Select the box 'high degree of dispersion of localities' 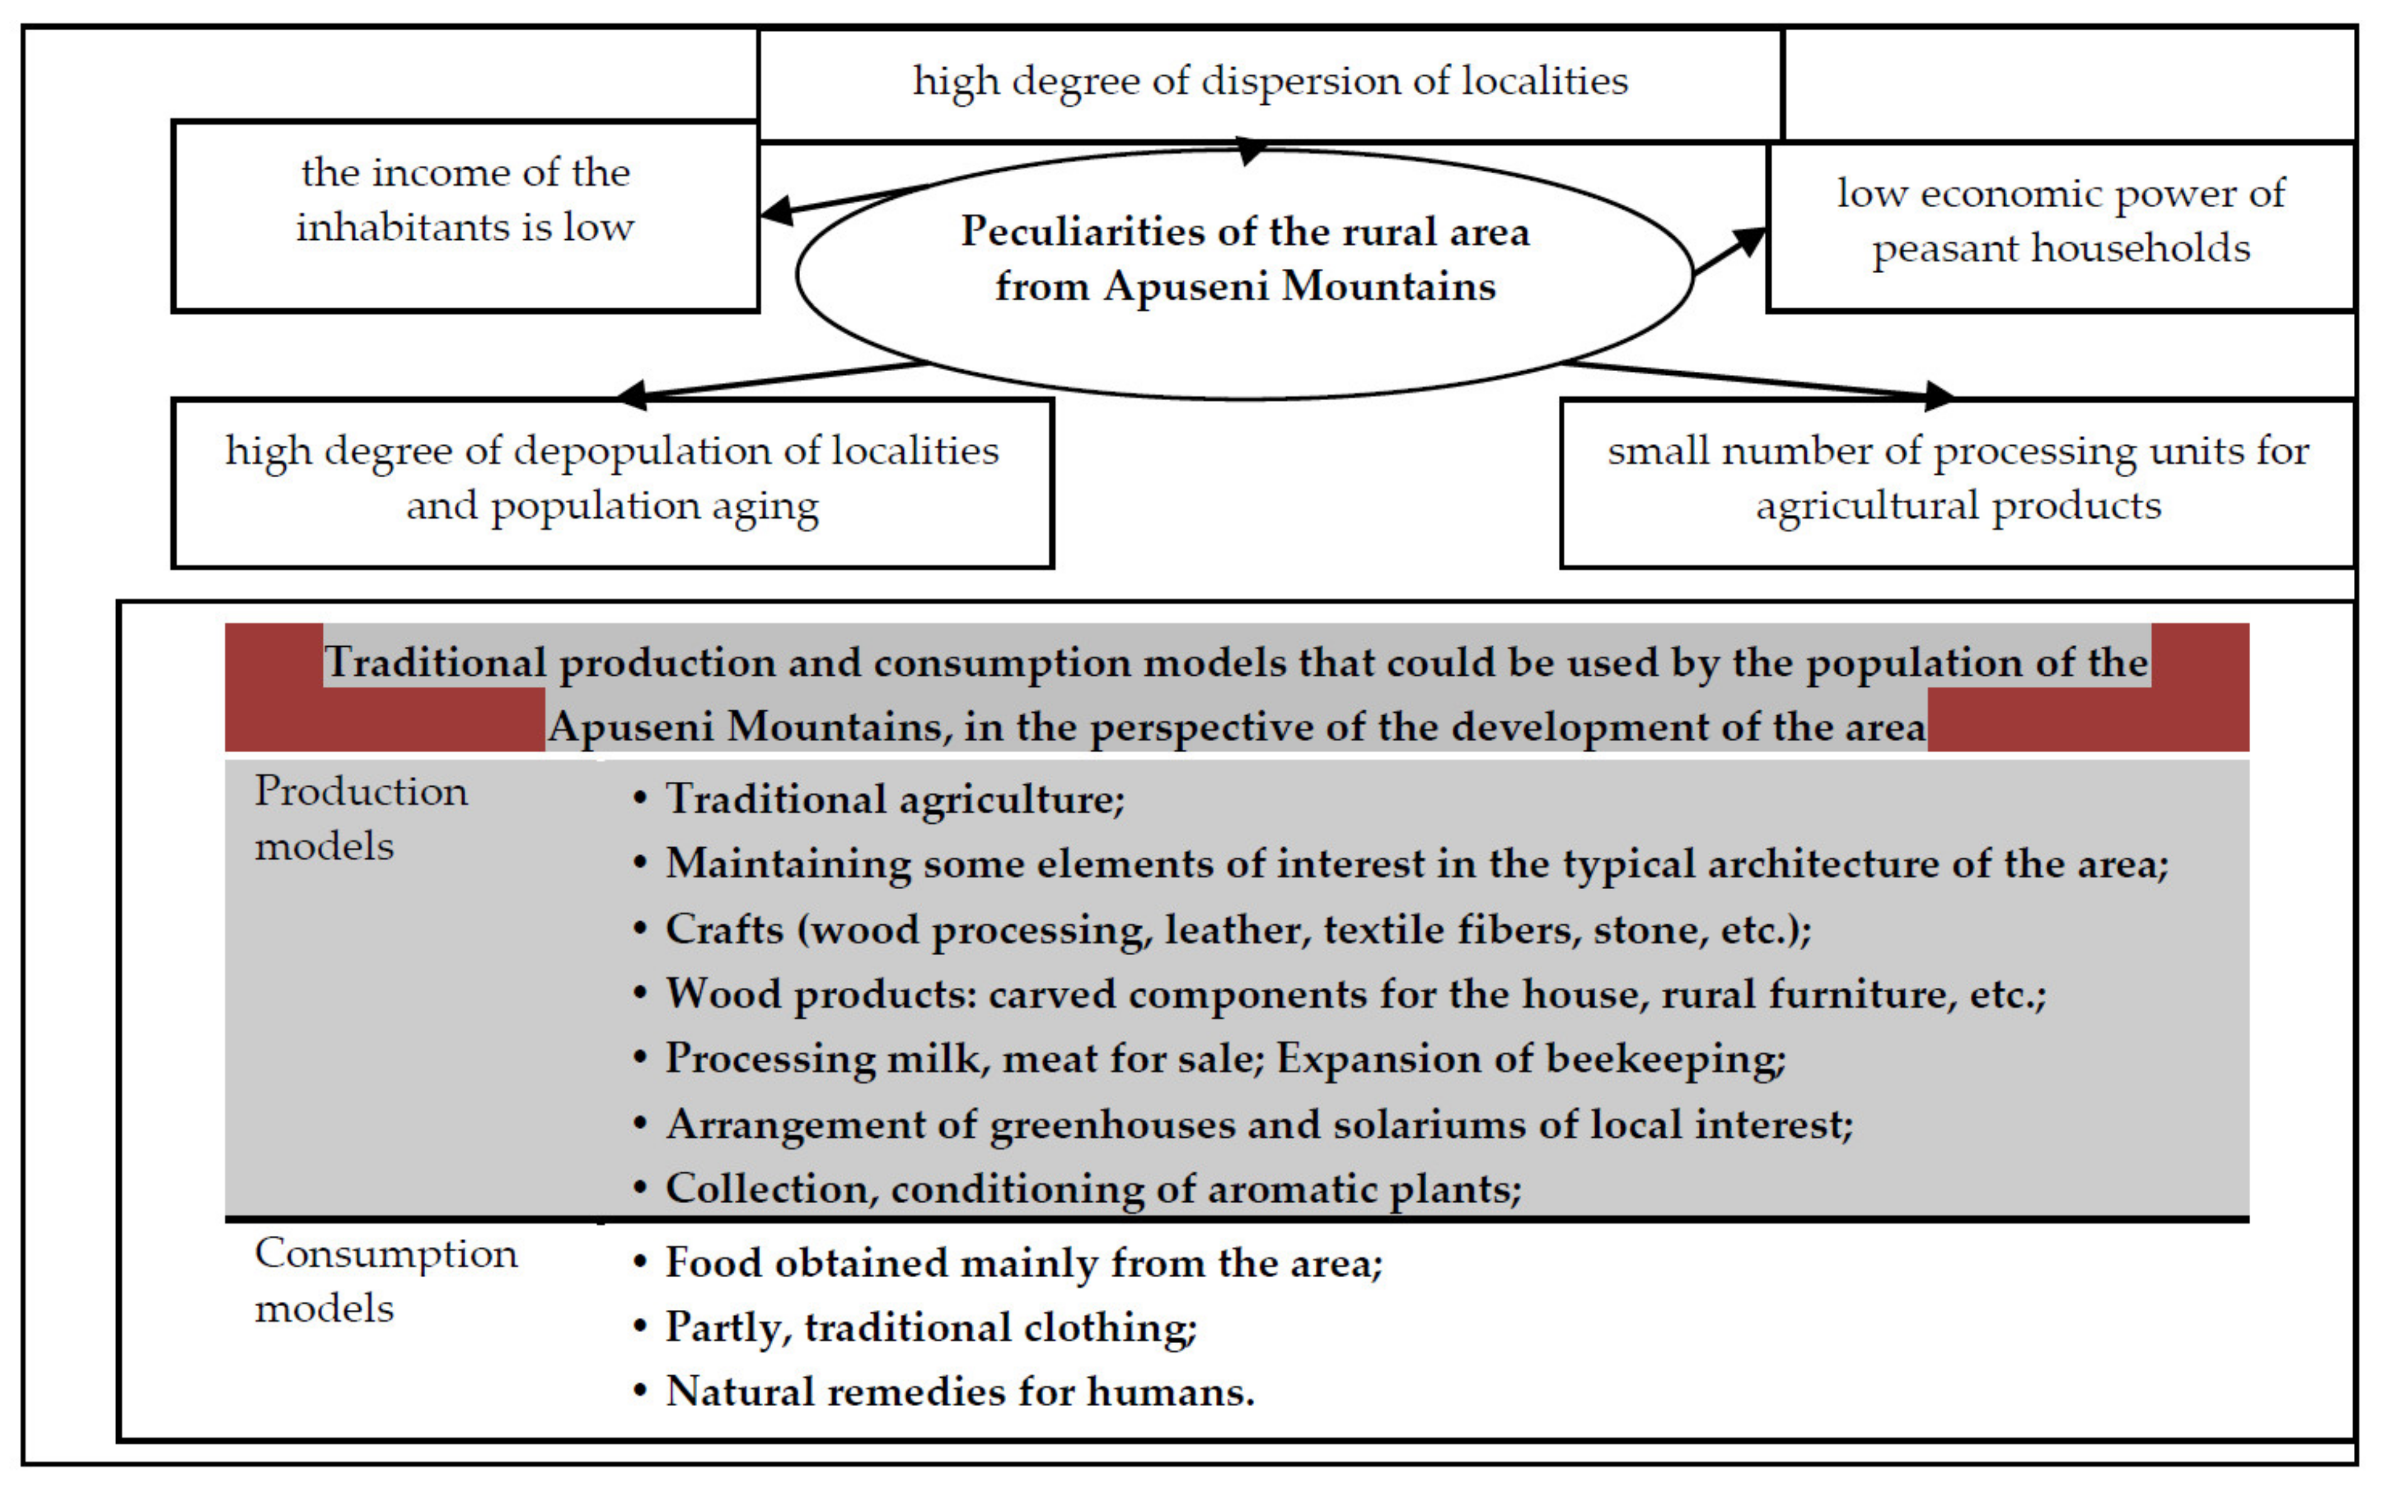pos(1270,81)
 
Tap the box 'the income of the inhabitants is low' pos(465,200)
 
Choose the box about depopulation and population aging pos(612,478)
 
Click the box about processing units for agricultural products pos(1957,478)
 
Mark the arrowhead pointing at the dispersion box pos(1251,151)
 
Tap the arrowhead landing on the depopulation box pos(632,395)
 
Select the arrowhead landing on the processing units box pos(1938,396)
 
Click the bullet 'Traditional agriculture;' pos(894,798)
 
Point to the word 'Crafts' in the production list pos(723,929)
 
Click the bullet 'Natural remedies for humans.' pos(959,1392)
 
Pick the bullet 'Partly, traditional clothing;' pos(931,1327)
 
